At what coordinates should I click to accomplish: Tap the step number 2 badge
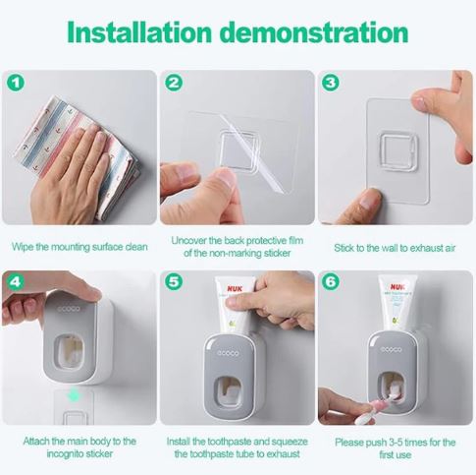174,83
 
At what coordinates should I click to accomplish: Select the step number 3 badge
331,83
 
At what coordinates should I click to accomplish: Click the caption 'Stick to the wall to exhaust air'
395,247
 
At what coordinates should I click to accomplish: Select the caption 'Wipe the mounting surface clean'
79,247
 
